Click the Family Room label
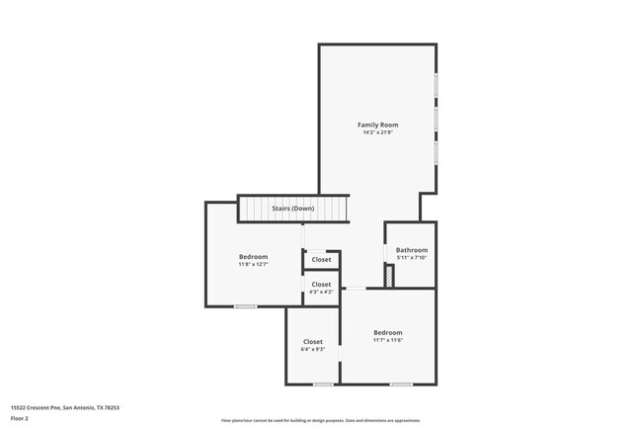pos(377,125)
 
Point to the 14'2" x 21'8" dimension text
pos(377,132)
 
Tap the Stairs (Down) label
pos(293,209)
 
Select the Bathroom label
pos(411,250)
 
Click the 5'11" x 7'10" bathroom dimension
pos(411,258)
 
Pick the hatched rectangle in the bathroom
pos(389,278)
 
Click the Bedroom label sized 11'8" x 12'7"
pos(253,256)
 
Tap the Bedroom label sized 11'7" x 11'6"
pos(387,332)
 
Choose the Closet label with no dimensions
pos(321,260)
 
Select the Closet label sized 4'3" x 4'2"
pos(321,284)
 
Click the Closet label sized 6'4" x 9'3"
pos(312,341)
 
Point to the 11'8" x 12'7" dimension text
pos(253,264)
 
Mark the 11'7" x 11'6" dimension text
pos(387,340)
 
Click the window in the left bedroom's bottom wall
pos(245,306)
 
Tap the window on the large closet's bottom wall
pos(322,384)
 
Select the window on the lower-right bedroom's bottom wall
pos(400,384)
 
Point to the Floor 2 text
pos(20,418)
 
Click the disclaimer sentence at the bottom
pos(320,419)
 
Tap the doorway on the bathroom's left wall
pos(384,252)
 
